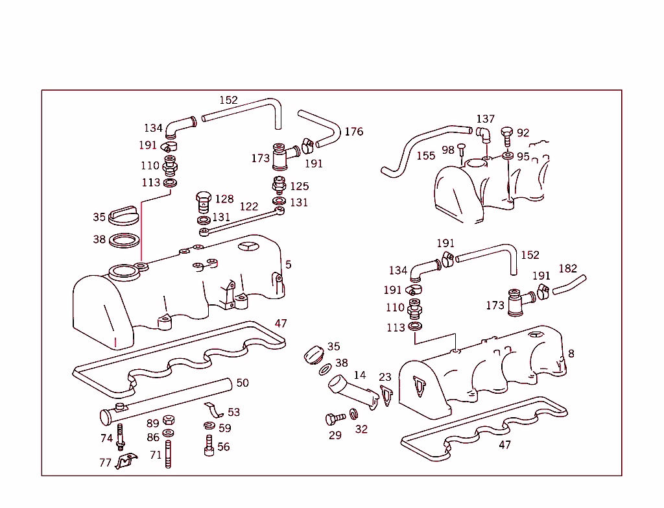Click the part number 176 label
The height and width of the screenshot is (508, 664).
[353, 132]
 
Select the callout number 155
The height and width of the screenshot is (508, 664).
[425, 156]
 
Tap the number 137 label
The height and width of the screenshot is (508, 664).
[485, 119]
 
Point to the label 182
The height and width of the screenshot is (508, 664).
[567, 269]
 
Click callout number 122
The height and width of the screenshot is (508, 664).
[249, 207]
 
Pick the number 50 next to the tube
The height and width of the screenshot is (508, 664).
[242, 383]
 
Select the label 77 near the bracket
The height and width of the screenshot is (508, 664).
[106, 463]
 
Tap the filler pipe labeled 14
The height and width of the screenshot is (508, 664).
[350, 392]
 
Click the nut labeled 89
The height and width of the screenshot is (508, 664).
[168, 420]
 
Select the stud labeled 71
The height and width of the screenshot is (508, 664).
[169, 454]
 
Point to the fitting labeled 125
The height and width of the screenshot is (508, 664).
[279, 184]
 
